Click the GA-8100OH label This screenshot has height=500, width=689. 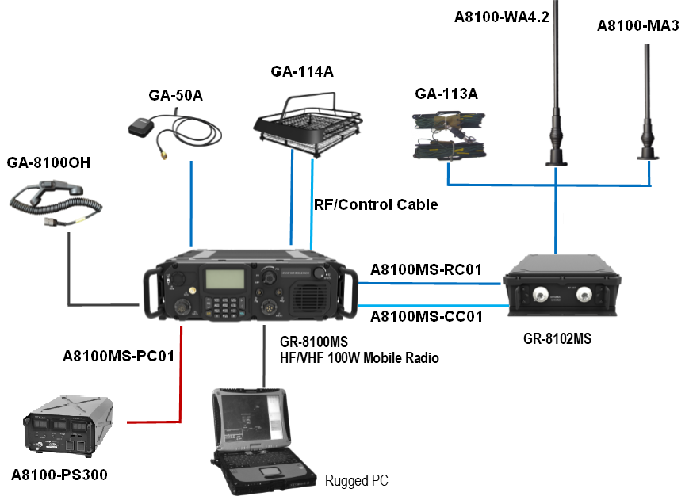48,163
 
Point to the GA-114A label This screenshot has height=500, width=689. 302,72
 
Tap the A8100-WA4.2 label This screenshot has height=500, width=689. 502,17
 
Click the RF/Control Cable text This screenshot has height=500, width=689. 376,204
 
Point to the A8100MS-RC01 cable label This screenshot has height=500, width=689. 426,269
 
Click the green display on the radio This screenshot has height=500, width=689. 224,281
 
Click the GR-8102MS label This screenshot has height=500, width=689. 557,338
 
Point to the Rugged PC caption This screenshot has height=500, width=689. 357,481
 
